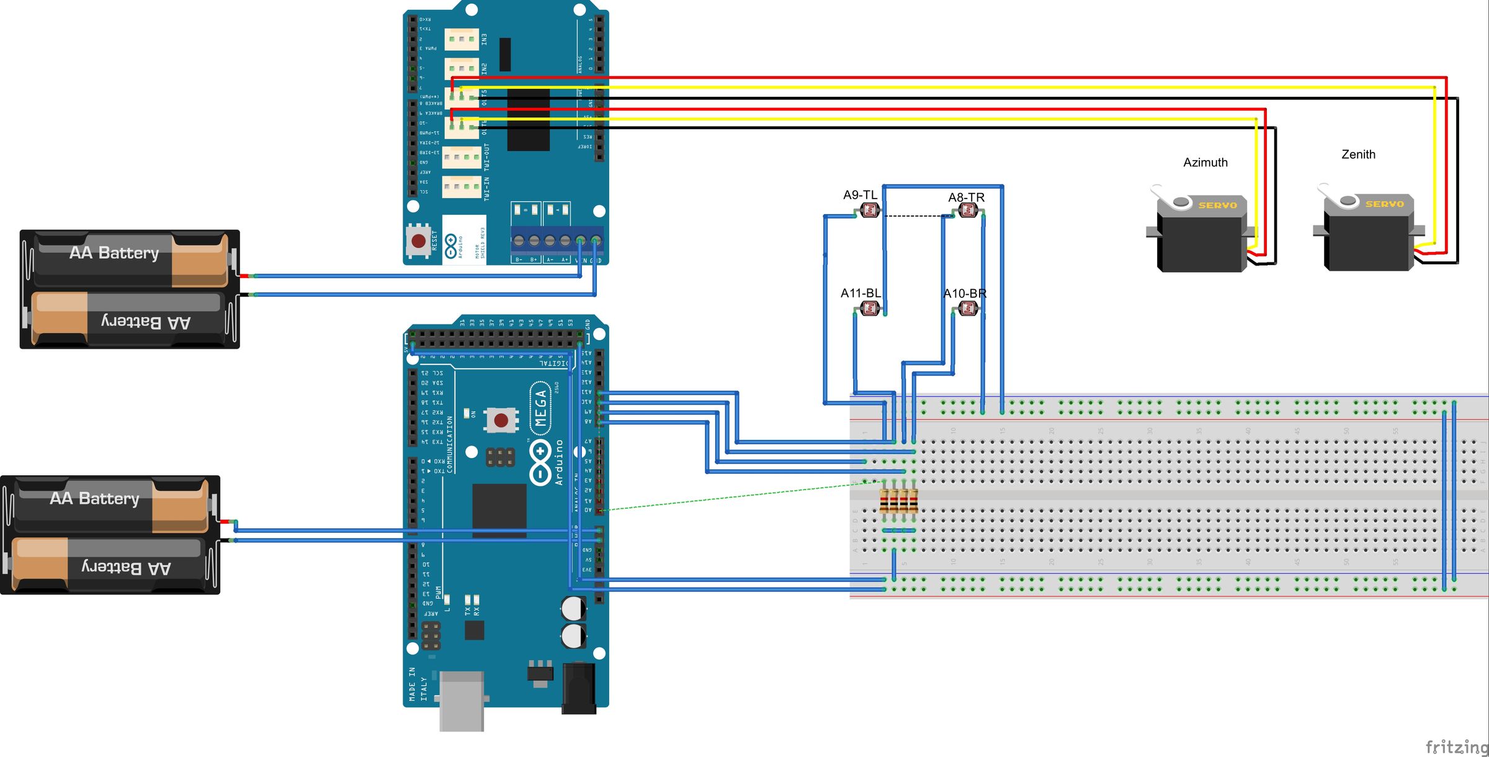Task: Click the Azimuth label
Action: (x=1205, y=163)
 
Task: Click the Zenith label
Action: (x=1358, y=155)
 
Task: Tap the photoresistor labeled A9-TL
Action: (x=870, y=210)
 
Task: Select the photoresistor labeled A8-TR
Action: (x=968, y=211)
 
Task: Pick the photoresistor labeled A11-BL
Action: (x=870, y=308)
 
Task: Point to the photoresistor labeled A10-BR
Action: (x=968, y=308)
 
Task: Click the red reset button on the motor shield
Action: (x=419, y=241)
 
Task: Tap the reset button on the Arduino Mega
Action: (x=501, y=421)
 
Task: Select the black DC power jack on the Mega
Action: (x=578, y=688)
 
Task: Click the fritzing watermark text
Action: (x=1455, y=746)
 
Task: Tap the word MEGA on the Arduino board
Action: (x=541, y=408)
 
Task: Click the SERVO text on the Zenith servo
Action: (x=1384, y=204)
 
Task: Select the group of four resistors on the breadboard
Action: (x=898, y=501)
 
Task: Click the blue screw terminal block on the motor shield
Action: (x=557, y=241)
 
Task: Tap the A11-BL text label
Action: (x=860, y=293)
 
